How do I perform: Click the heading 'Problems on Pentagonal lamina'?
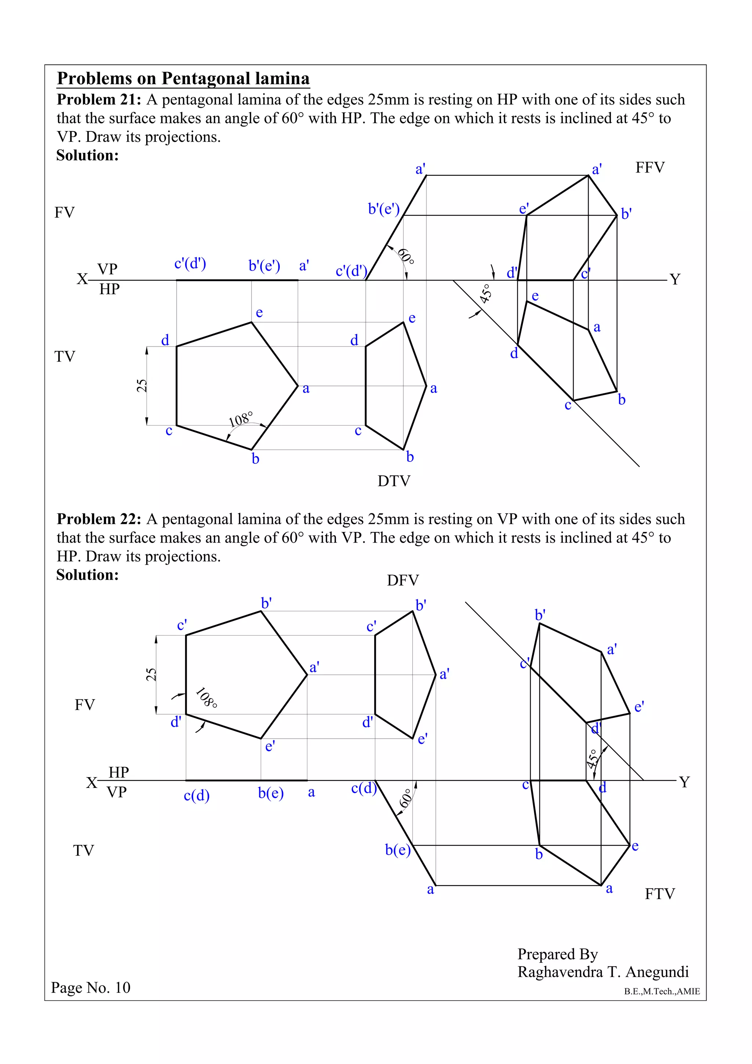(x=183, y=78)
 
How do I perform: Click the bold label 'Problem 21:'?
(x=99, y=99)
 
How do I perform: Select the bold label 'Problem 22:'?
(x=99, y=519)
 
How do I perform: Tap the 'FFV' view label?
(x=650, y=167)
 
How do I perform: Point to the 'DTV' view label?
(x=394, y=481)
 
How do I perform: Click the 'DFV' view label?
(x=403, y=580)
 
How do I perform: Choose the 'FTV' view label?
(x=660, y=894)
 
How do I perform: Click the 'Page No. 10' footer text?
(x=91, y=988)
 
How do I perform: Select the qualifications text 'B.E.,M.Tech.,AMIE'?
(x=662, y=992)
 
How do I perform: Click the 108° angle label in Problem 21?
(x=241, y=419)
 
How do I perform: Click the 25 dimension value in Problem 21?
(x=142, y=386)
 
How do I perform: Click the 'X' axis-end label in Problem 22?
(x=92, y=783)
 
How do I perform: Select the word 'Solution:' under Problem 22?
(x=87, y=575)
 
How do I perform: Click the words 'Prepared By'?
(x=557, y=954)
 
